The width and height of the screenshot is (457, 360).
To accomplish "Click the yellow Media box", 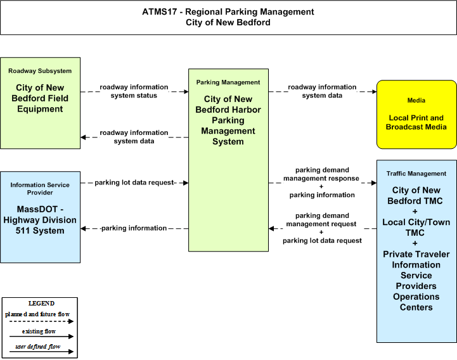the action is point(416,115).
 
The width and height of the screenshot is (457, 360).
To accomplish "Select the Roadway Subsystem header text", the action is point(40,71).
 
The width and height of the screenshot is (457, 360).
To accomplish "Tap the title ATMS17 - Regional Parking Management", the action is point(228,11).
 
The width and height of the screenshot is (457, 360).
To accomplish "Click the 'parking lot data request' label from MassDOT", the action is point(134,183).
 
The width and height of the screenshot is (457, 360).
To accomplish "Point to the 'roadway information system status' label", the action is point(134,91).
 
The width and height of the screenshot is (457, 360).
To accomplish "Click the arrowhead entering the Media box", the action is point(374,91).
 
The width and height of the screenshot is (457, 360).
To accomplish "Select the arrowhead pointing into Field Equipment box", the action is point(83,137).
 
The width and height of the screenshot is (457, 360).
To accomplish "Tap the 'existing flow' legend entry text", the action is point(39,331).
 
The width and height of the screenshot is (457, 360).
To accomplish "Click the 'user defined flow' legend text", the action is point(38,347).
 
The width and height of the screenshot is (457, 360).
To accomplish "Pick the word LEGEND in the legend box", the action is point(41,304).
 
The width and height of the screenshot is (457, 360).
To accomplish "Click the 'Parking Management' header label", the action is point(228,82).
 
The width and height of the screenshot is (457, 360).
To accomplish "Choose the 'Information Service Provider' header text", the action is point(40,189).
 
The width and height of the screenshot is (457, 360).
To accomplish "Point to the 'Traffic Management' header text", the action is point(416,174).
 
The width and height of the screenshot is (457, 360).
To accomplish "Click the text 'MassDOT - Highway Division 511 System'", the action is point(40,220).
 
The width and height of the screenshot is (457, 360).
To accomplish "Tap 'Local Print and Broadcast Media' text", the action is point(416,122).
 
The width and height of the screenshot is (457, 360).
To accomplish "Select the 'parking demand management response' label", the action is point(321,174).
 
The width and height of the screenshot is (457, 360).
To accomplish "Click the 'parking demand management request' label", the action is point(321,220).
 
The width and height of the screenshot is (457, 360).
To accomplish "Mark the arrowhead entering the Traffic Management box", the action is point(374,183).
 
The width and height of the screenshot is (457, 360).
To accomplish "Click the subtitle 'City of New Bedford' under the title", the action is point(228,22).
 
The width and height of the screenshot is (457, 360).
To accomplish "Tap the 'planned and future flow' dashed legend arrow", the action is point(41,321).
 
